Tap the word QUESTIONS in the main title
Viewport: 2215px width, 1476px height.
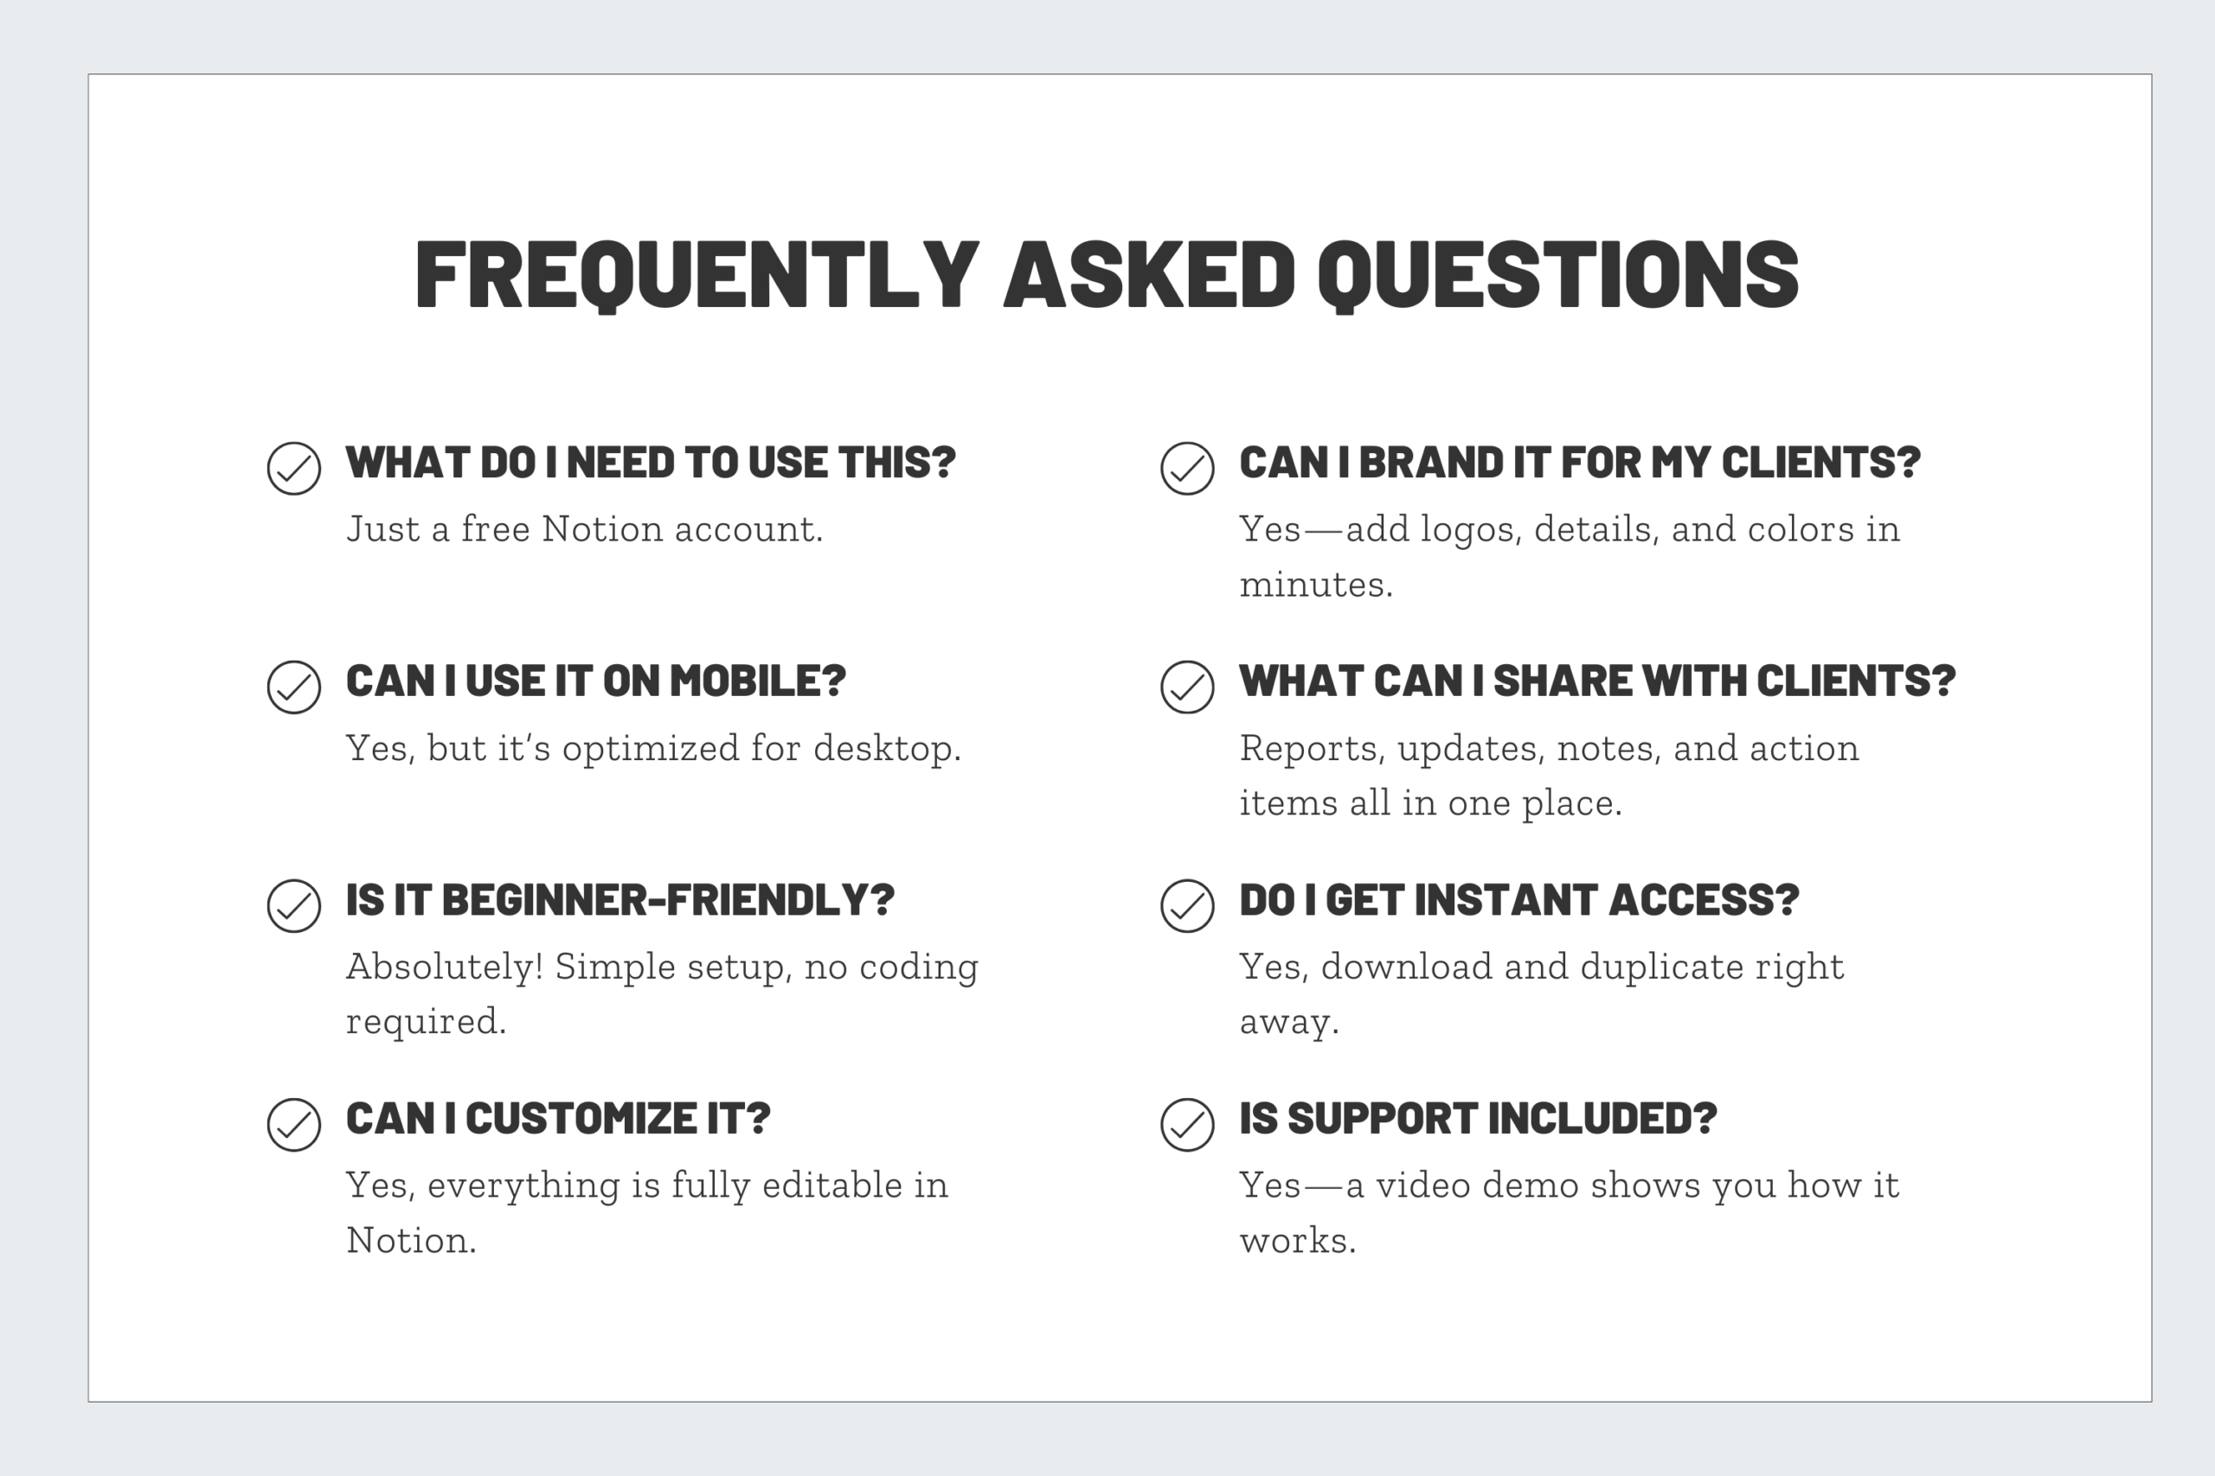coord(1557,274)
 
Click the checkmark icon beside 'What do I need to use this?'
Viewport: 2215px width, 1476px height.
coord(294,468)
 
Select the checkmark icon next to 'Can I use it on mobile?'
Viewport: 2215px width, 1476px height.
coord(294,687)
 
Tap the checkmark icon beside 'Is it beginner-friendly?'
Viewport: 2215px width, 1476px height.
coord(294,905)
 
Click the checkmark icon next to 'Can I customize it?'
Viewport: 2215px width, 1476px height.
coord(294,1124)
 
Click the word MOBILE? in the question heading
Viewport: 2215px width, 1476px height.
coord(757,680)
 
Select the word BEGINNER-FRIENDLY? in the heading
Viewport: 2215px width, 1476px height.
coord(668,900)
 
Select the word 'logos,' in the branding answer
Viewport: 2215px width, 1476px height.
coord(1471,530)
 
